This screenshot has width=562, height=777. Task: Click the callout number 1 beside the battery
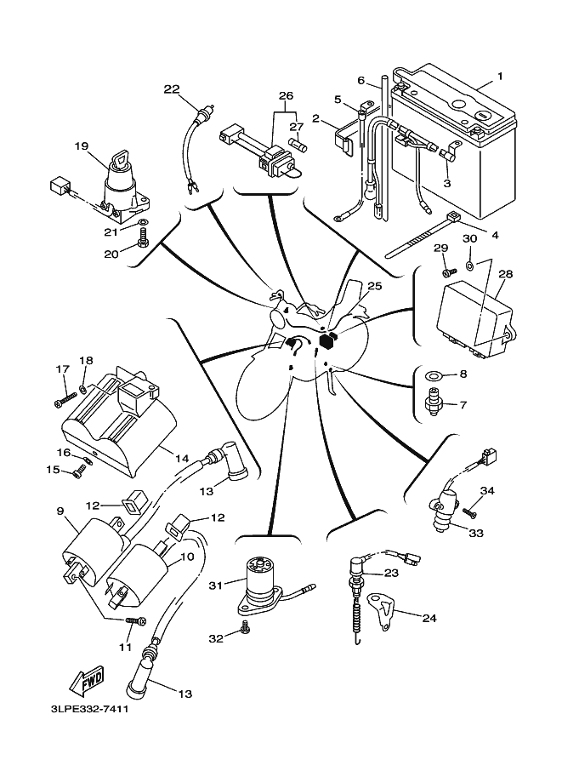pos(500,77)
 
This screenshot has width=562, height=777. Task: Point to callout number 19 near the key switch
pos(82,146)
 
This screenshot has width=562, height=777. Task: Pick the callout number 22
pos(173,89)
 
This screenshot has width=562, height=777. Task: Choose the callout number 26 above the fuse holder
pos(286,95)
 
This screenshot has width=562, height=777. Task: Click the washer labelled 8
pos(434,374)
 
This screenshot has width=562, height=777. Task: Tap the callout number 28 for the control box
pos(506,274)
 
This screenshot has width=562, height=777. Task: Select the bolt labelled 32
pos(244,626)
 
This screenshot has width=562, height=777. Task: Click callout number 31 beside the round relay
pos(215,585)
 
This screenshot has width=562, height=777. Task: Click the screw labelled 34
pos(468,510)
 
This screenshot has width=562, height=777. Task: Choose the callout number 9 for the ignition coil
pos(60,511)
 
